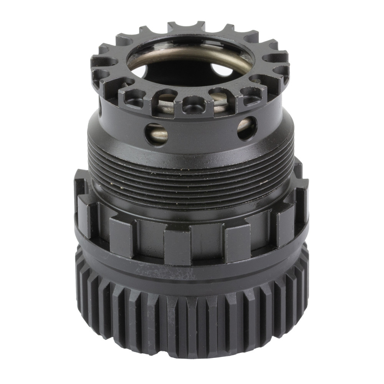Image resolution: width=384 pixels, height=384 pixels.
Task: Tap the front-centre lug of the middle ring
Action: [x=177, y=246]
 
